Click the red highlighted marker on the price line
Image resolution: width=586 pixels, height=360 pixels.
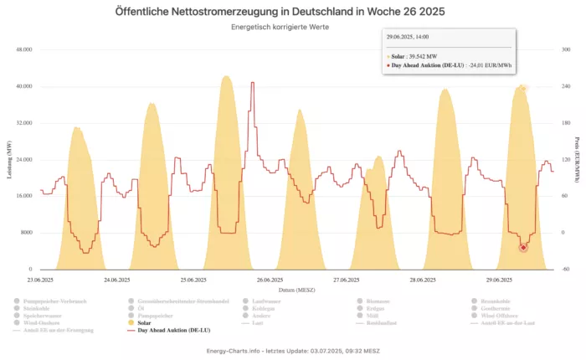click(523, 247)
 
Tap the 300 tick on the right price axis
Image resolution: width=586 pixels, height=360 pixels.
click(566, 50)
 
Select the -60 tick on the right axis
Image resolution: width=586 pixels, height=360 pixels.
click(566, 270)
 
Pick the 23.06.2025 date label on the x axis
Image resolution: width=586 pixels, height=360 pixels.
click(40, 280)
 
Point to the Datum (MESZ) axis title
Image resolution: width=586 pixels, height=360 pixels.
click(292, 289)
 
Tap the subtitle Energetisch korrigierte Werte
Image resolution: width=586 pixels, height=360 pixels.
click(293, 27)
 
